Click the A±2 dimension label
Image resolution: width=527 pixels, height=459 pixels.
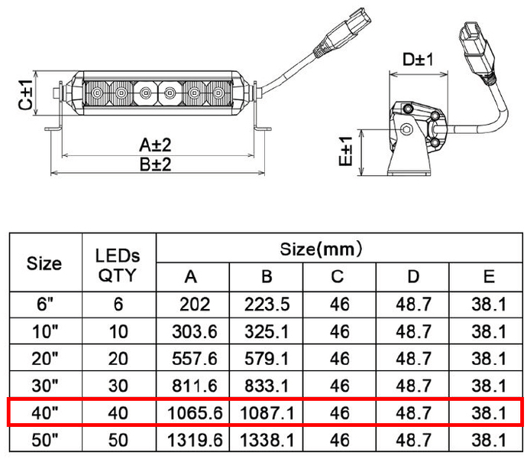(x=155, y=145)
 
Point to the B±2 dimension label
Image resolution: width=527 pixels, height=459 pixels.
(x=155, y=165)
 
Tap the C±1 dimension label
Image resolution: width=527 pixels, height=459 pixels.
(x=25, y=95)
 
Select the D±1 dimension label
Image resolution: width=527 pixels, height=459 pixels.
(x=418, y=59)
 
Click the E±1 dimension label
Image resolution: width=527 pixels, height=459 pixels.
(x=345, y=151)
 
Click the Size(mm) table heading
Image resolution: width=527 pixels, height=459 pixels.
(x=321, y=249)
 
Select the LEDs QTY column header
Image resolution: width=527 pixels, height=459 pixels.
(x=118, y=265)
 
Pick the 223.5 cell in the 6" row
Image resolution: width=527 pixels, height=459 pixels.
(x=267, y=304)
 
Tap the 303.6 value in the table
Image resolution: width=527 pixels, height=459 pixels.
(x=194, y=332)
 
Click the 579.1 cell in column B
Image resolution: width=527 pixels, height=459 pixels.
(x=267, y=359)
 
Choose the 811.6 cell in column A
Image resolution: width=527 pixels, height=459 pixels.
(x=194, y=386)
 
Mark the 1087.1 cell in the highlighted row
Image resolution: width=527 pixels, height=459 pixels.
(x=267, y=413)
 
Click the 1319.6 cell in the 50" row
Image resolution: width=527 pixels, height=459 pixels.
(x=195, y=440)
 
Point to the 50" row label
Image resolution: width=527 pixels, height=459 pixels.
(x=45, y=440)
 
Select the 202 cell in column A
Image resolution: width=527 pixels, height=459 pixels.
(x=195, y=304)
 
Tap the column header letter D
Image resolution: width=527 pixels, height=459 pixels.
(x=413, y=276)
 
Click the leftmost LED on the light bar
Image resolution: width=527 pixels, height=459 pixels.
(x=97, y=92)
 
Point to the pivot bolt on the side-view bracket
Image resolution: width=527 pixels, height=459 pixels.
(x=406, y=129)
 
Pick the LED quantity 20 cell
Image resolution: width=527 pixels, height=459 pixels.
(x=118, y=359)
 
